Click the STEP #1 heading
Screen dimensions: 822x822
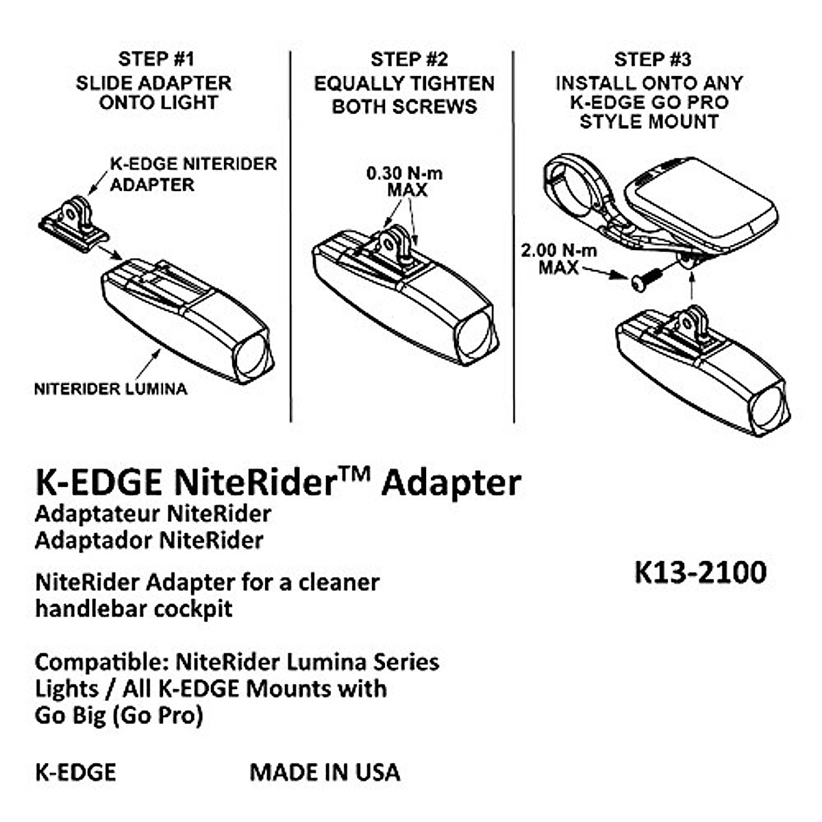[x=155, y=59]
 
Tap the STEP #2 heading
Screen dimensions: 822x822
[x=408, y=60]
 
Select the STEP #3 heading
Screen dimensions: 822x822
[x=651, y=60]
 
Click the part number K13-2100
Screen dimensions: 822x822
[x=701, y=572]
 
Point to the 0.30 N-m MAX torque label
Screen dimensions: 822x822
[x=405, y=182]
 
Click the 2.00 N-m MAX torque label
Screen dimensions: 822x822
[x=558, y=259]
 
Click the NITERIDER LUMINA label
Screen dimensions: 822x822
[x=110, y=389]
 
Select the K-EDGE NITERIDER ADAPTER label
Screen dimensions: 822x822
[x=193, y=174]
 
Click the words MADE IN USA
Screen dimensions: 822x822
[x=325, y=772]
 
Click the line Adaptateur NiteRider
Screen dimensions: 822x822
[x=153, y=513]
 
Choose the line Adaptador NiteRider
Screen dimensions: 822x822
[x=149, y=540]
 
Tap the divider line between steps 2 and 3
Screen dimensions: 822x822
[x=513, y=236]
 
